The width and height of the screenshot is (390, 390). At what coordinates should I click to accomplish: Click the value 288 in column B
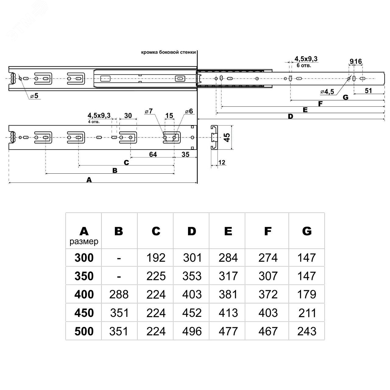[119, 295]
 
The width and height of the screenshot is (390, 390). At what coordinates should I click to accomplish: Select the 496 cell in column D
[192, 331]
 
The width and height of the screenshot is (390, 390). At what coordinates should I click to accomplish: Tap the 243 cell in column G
[307, 331]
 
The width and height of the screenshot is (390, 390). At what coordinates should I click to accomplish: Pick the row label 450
[84, 313]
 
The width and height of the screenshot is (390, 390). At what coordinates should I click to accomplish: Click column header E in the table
[228, 231]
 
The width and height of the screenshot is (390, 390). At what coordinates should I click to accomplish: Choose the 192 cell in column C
[156, 258]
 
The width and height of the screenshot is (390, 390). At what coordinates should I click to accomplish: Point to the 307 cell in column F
[268, 276]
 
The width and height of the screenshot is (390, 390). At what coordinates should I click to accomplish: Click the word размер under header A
[84, 242]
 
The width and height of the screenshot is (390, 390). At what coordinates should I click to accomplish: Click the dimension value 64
[153, 154]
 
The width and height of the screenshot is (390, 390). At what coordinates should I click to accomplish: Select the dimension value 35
[185, 154]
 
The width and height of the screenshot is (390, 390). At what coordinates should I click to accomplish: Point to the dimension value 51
[368, 90]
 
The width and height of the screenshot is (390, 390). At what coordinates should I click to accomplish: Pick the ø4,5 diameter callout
[327, 91]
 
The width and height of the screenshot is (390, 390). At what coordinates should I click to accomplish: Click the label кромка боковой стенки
[168, 52]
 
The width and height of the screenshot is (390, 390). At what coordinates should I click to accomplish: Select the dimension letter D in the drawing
[290, 116]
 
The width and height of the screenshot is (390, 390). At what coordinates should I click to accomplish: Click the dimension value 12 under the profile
[222, 162]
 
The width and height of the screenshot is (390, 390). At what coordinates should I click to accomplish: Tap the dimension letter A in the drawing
[89, 180]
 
